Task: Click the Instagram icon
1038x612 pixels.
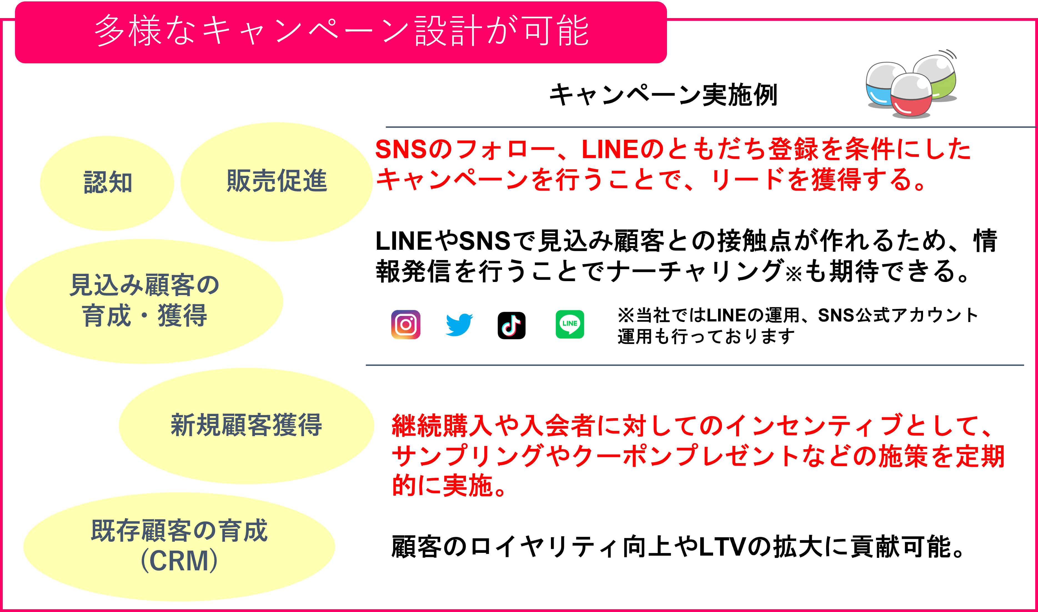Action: coord(406,324)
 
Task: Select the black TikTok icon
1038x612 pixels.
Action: coord(511,325)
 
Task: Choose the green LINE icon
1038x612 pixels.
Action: coord(570,324)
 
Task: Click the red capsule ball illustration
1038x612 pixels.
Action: coord(911,96)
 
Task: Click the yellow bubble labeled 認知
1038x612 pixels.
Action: coord(107,183)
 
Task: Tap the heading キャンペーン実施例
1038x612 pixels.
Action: coord(663,95)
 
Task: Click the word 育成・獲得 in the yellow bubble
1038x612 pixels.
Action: coord(145,316)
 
